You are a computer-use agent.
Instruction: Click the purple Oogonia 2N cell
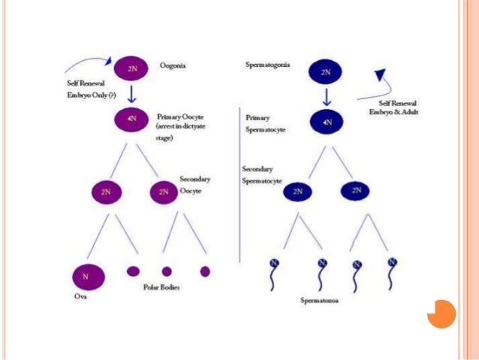tap(131, 69)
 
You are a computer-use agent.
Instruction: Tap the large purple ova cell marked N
tap(86, 277)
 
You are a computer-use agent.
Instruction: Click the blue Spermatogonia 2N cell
tap(325, 72)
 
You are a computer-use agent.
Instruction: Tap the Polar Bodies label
tap(164, 287)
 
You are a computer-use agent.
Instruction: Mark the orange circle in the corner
tap(441, 313)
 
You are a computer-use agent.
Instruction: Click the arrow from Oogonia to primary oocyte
tap(131, 93)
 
